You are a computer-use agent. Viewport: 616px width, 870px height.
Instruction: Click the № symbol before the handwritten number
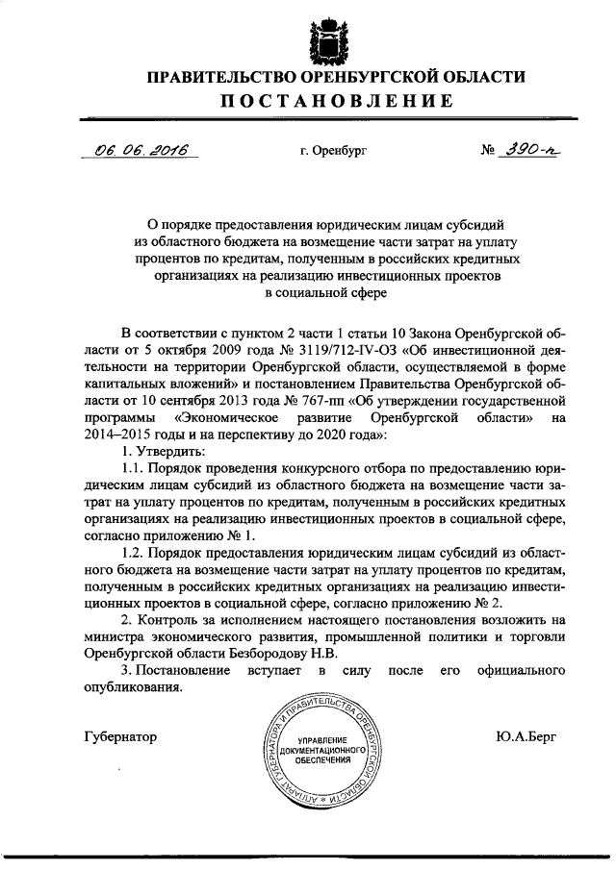[489, 152]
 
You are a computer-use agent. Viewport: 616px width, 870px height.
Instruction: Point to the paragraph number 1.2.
[134, 563]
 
